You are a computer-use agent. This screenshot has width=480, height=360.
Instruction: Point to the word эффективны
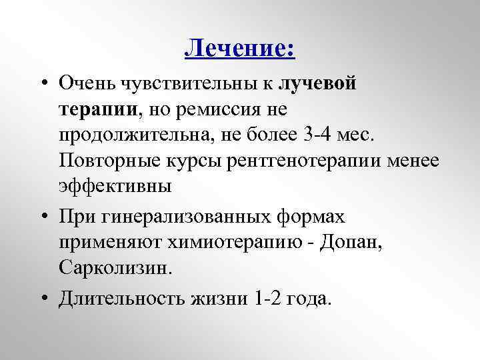point(115,186)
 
